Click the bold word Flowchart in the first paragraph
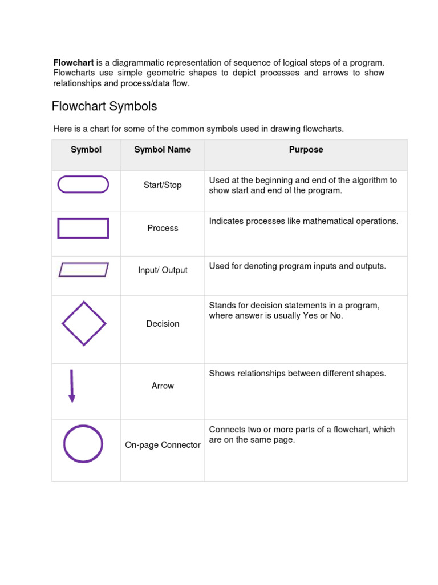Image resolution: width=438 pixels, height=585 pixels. point(74,62)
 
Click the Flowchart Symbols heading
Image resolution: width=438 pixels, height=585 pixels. point(104,107)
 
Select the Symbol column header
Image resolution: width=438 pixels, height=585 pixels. point(86,150)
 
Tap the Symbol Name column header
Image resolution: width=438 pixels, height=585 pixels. point(163,150)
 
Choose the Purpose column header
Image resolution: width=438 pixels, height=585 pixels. point(306,150)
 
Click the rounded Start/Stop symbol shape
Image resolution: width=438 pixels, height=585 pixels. point(83,185)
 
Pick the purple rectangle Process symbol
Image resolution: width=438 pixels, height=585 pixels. point(83,228)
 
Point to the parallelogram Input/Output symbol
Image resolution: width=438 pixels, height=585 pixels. point(83,270)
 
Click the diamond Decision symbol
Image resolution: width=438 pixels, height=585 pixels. point(84,323)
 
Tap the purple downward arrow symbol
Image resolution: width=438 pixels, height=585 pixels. point(72,386)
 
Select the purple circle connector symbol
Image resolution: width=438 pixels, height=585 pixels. point(83,444)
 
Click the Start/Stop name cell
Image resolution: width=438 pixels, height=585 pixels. point(163,185)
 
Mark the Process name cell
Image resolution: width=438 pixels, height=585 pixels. point(163,228)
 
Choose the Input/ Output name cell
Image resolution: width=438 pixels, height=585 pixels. point(163,270)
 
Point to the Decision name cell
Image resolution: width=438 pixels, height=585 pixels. point(163,324)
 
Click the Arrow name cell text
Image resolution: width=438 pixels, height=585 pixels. point(163,386)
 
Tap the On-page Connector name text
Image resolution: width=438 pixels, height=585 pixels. point(163,445)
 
